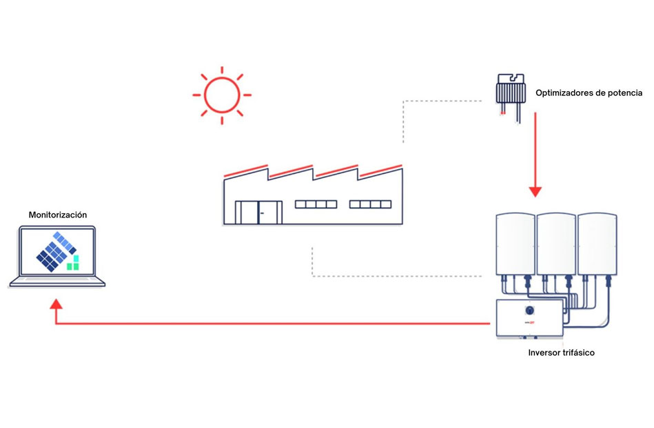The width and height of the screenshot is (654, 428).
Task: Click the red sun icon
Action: (x=221, y=95)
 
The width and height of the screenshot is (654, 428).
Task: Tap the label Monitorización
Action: (x=58, y=215)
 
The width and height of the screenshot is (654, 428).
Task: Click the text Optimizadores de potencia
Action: (x=590, y=93)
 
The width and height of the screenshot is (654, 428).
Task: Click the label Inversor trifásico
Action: (x=561, y=353)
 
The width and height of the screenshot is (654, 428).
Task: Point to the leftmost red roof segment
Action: (x=245, y=171)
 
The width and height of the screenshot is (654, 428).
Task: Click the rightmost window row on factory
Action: (x=370, y=204)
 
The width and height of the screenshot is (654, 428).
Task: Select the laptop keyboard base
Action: (x=57, y=282)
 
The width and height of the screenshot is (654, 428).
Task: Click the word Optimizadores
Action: (x=558, y=93)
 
